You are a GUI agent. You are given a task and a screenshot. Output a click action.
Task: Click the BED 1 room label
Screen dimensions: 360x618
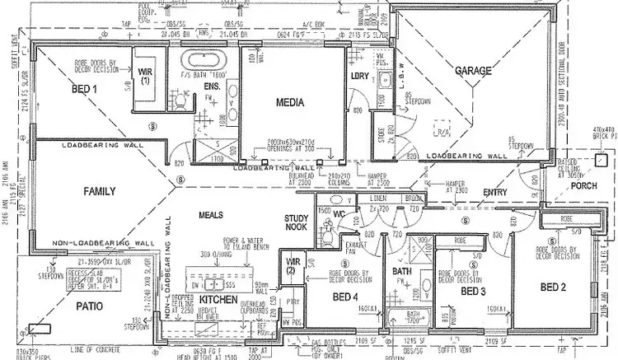pos(85,87)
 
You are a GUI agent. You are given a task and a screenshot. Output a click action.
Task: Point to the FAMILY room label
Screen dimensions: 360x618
pos(103,191)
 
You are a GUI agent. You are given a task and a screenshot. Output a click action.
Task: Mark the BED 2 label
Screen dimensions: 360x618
pos(555,287)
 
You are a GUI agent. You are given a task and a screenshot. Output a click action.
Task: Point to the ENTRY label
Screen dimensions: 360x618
pos(496,192)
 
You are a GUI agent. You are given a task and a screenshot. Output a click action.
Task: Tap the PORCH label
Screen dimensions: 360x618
pos(583,186)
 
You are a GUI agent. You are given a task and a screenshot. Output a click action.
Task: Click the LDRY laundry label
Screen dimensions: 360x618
pos(358,76)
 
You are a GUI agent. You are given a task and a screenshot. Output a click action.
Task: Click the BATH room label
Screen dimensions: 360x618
pos(401,271)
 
